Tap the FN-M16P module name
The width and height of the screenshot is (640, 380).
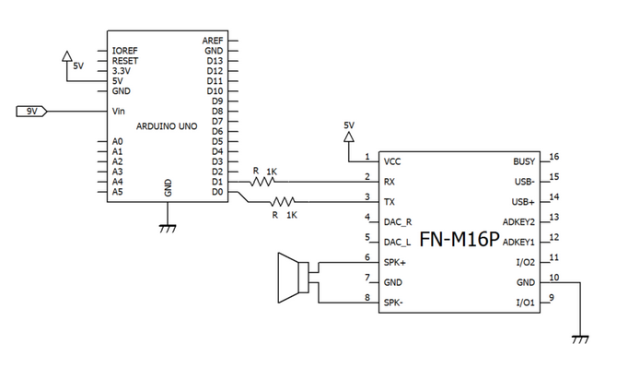point(459,240)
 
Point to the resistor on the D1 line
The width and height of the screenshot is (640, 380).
point(267,181)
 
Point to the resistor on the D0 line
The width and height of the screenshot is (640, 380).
point(285,202)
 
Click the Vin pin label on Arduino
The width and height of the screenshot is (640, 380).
point(118,112)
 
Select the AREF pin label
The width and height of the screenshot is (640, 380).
point(212,41)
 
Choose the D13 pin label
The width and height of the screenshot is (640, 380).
point(215,61)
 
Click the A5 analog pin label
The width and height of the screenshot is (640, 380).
point(117,192)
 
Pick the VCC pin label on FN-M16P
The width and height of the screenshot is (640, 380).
point(392,161)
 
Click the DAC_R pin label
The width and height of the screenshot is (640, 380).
point(399,222)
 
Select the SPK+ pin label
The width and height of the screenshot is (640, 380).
point(395,262)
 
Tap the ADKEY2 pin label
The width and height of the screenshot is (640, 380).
point(518,222)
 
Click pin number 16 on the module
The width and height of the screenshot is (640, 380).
point(553,157)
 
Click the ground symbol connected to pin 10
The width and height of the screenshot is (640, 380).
point(580,339)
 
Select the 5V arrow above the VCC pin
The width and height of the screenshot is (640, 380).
point(348,136)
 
